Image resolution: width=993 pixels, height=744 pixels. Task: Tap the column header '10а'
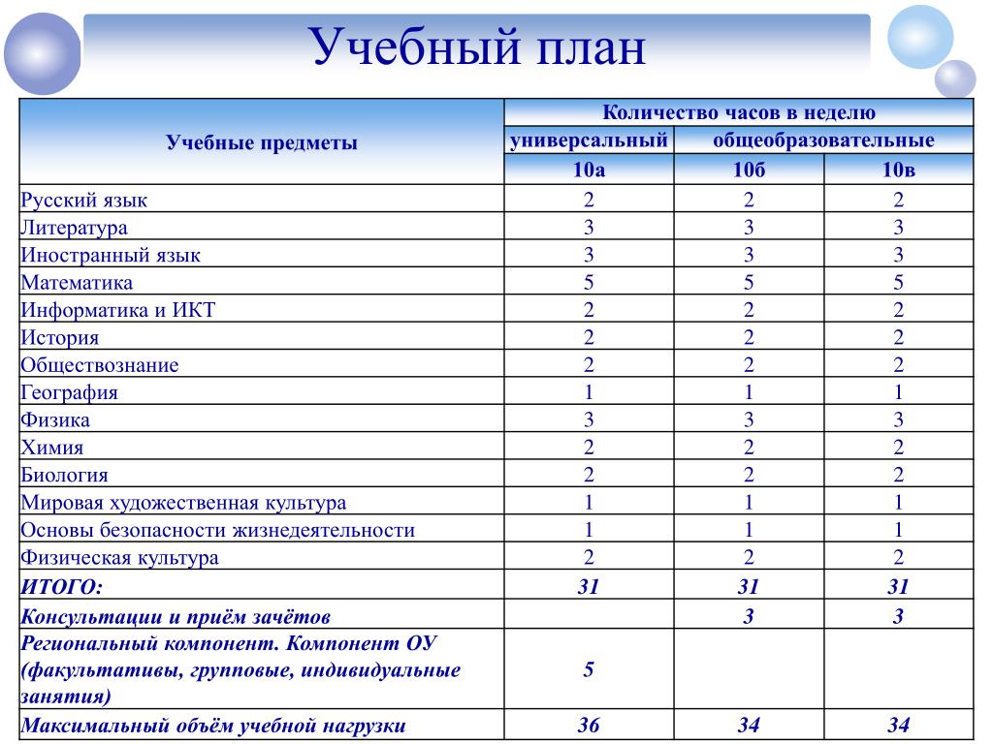[x=589, y=170]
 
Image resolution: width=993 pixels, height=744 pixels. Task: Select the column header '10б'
[x=749, y=170]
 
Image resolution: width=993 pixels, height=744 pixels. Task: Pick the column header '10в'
[x=898, y=170]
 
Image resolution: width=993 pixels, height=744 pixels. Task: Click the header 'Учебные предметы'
[x=262, y=143]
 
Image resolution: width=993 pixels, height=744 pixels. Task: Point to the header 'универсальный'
[x=590, y=140]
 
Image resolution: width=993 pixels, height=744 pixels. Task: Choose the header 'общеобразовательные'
[x=823, y=140]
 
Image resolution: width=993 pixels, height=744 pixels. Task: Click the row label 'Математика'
[x=77, y=283]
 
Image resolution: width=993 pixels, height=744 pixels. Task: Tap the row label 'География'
[x=69, y=392]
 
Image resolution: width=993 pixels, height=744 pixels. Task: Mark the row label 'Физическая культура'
[x=119, y=558]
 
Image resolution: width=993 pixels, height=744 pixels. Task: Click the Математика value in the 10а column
[x=589, y=283]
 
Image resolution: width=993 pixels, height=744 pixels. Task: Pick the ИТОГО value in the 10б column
[x=749, y=586]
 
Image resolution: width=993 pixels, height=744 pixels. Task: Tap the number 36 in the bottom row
[x=589, y=726]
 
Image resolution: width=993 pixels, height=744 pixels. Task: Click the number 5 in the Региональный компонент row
[x=589, y=669]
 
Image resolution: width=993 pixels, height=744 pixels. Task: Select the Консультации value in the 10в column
[x=898, y=616]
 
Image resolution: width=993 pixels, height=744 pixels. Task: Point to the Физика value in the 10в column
[x=898, y=419]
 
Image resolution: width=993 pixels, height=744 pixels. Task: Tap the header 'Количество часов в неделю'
[x=739, y=112]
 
